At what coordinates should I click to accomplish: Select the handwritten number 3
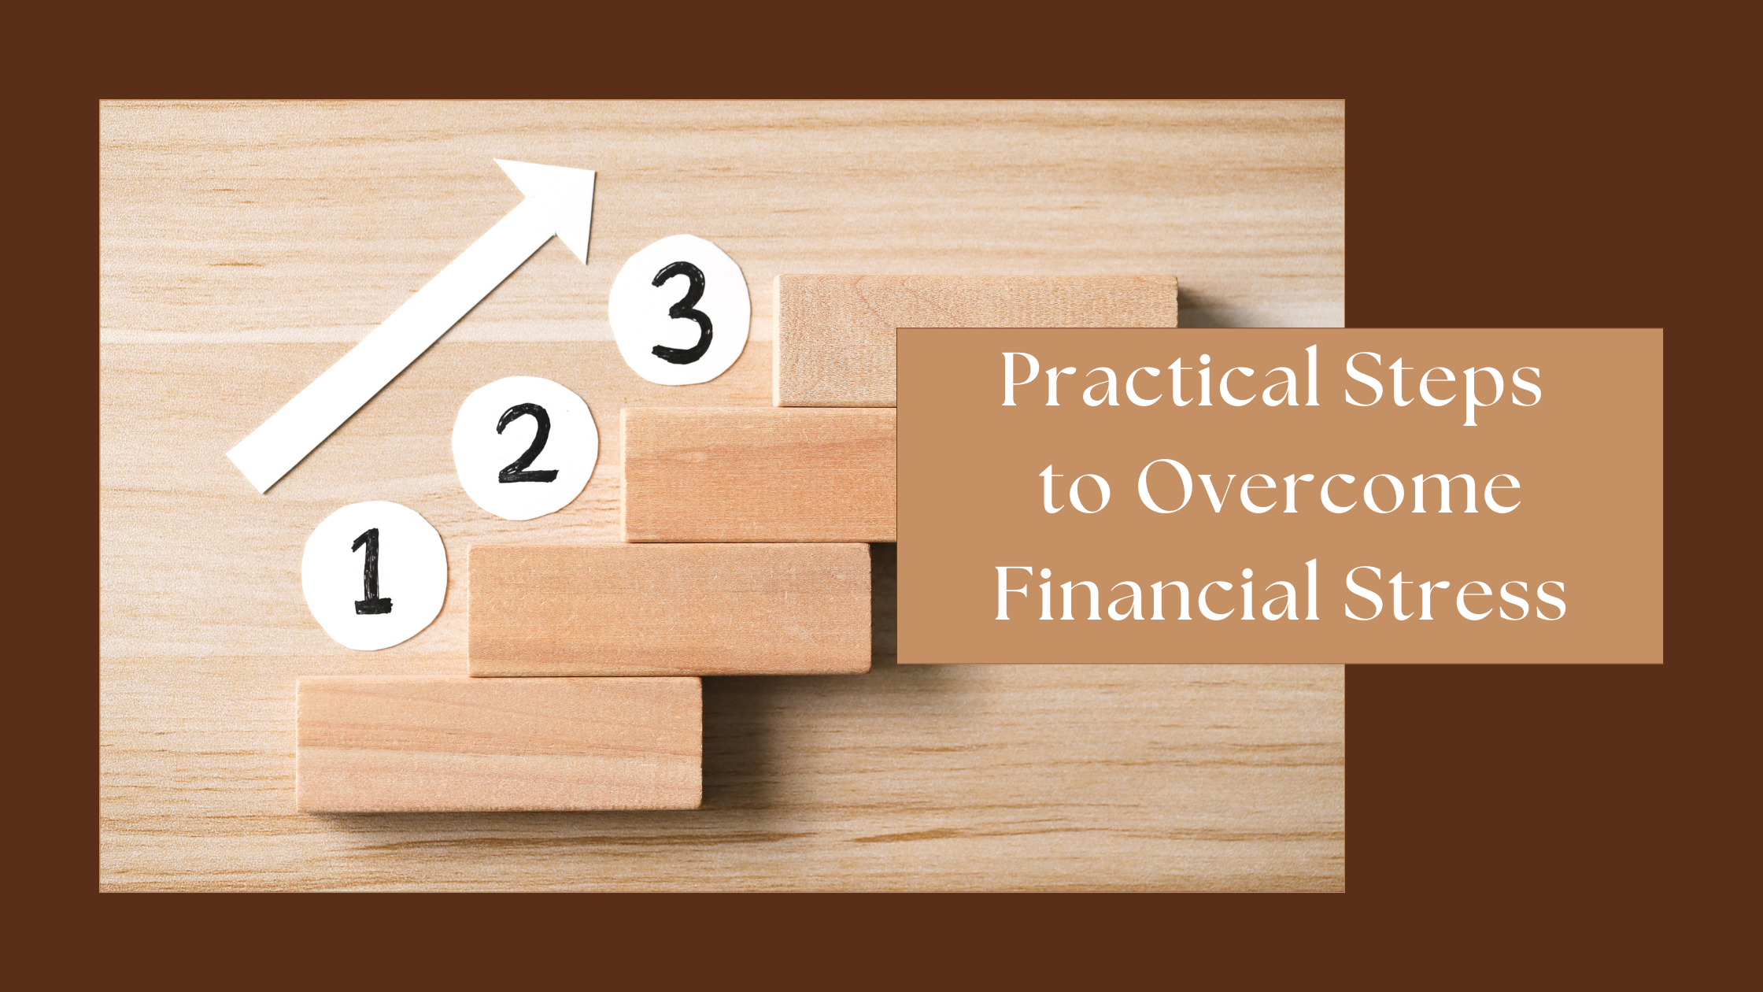[682, 313]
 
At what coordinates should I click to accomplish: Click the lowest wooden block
[499, 744]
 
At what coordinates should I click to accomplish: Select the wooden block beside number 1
[670, 609]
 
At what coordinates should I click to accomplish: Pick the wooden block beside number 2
[760, 474]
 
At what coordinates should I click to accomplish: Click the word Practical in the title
[1159, 379]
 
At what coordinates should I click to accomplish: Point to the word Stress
[1454, 592]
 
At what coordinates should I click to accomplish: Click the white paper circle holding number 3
[679, 309]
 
